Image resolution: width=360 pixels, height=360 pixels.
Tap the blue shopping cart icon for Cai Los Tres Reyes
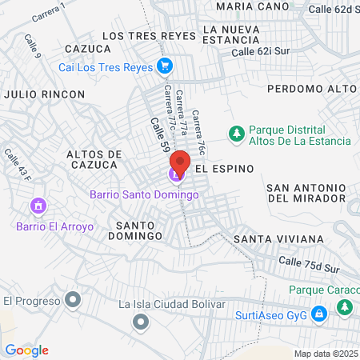click(x=166, y=66)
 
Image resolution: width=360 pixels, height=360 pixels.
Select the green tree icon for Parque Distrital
click(x=237, y=134)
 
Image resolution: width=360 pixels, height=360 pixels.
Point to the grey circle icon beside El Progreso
click(x=74, y=301)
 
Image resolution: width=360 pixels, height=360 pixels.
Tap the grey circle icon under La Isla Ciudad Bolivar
click(x=141, y=322)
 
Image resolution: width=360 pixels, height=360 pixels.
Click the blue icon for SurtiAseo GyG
click(x=319, y=314)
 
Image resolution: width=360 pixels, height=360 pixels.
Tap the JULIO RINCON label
click(x=44, y=94)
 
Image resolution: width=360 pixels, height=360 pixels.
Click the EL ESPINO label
click(x=224, y=169)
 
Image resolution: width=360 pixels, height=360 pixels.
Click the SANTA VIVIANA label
click(x=278, y=239)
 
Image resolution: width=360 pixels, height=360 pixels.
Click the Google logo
click(x=26, y=350)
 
